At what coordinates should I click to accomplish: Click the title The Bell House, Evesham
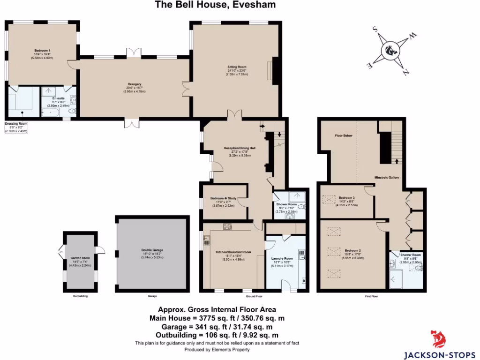click(x=215, y=5)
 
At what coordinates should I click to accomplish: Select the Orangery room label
click(x=135, y=84)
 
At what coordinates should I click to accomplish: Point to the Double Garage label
click(x=151, y=250)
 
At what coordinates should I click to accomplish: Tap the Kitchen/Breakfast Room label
click(x=233, y=252)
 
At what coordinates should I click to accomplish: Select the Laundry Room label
click(x=282, y=258)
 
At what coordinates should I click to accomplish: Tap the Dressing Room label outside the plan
click(x=16, y=124)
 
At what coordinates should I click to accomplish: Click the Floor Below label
click(x=343, y=136)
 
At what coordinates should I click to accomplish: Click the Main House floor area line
click(x=217, y=317)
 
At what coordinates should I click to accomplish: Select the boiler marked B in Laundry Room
click(x=303, y=281)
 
